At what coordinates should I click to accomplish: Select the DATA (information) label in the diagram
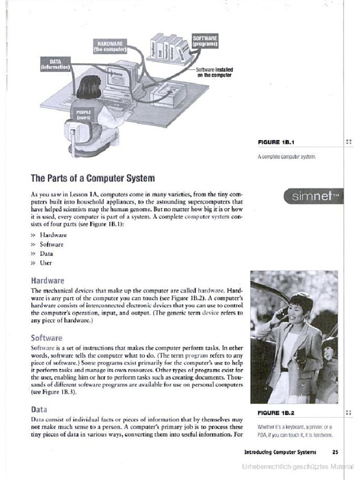56,64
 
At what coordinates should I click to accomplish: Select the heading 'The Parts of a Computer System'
92,179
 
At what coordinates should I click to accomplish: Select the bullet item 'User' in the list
45,263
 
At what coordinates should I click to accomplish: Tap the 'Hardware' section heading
47,281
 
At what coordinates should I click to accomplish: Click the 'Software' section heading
46,337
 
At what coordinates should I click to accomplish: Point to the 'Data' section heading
39,409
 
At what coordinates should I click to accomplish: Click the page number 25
335,452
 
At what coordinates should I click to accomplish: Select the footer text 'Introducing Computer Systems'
280,452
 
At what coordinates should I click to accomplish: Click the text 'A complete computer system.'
286,157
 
